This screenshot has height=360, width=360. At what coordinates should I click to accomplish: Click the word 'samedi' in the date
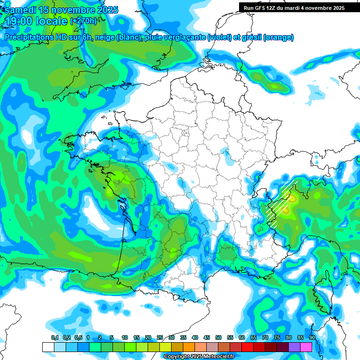click(20, 10)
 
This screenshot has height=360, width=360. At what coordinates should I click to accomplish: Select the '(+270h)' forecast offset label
click(83, 21)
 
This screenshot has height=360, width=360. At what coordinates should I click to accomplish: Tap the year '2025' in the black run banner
click(337, 8)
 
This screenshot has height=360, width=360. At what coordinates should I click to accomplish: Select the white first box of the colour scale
click(48, 347)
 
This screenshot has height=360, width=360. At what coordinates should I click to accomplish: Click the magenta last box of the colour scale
click(306, 347)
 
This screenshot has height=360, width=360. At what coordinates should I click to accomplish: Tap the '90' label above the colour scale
click(312, 337)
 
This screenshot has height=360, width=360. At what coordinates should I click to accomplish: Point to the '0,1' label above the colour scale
click(55, 337)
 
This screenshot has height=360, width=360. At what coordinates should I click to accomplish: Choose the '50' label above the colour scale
click(218, 337)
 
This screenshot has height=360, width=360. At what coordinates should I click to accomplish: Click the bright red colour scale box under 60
click(247, 347)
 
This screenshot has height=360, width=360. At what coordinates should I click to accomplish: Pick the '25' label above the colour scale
click(160, 337)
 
